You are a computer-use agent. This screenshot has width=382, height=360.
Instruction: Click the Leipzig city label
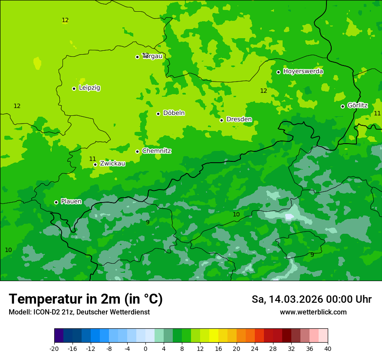coord(89,88)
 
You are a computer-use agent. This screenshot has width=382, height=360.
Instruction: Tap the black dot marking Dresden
coord(221,120)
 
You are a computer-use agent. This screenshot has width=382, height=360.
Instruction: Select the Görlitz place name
coord(357,105)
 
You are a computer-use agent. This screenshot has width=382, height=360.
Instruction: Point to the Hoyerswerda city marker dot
coord(278,72)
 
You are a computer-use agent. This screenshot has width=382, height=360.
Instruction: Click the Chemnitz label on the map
coord(156,151)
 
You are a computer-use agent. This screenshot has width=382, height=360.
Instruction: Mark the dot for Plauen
coord(56,202)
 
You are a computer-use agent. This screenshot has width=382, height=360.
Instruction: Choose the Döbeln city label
coord(174,113)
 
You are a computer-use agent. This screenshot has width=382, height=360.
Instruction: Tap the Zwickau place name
coord(112,164)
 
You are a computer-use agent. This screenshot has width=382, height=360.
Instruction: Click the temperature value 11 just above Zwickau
coord(92,159)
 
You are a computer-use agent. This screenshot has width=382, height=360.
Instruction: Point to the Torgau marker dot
coord(137,57)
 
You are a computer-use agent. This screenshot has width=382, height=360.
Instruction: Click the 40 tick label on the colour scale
coord(328,348)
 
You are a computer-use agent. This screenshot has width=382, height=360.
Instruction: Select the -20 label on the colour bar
coord(54,348)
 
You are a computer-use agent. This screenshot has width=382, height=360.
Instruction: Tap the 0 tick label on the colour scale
coord(145,348)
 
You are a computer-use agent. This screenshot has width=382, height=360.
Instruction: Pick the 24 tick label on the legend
coord(255,348)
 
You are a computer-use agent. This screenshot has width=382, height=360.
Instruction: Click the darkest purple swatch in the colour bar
coord(59,336)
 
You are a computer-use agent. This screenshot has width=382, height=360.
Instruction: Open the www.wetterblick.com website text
coord(313,312)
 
